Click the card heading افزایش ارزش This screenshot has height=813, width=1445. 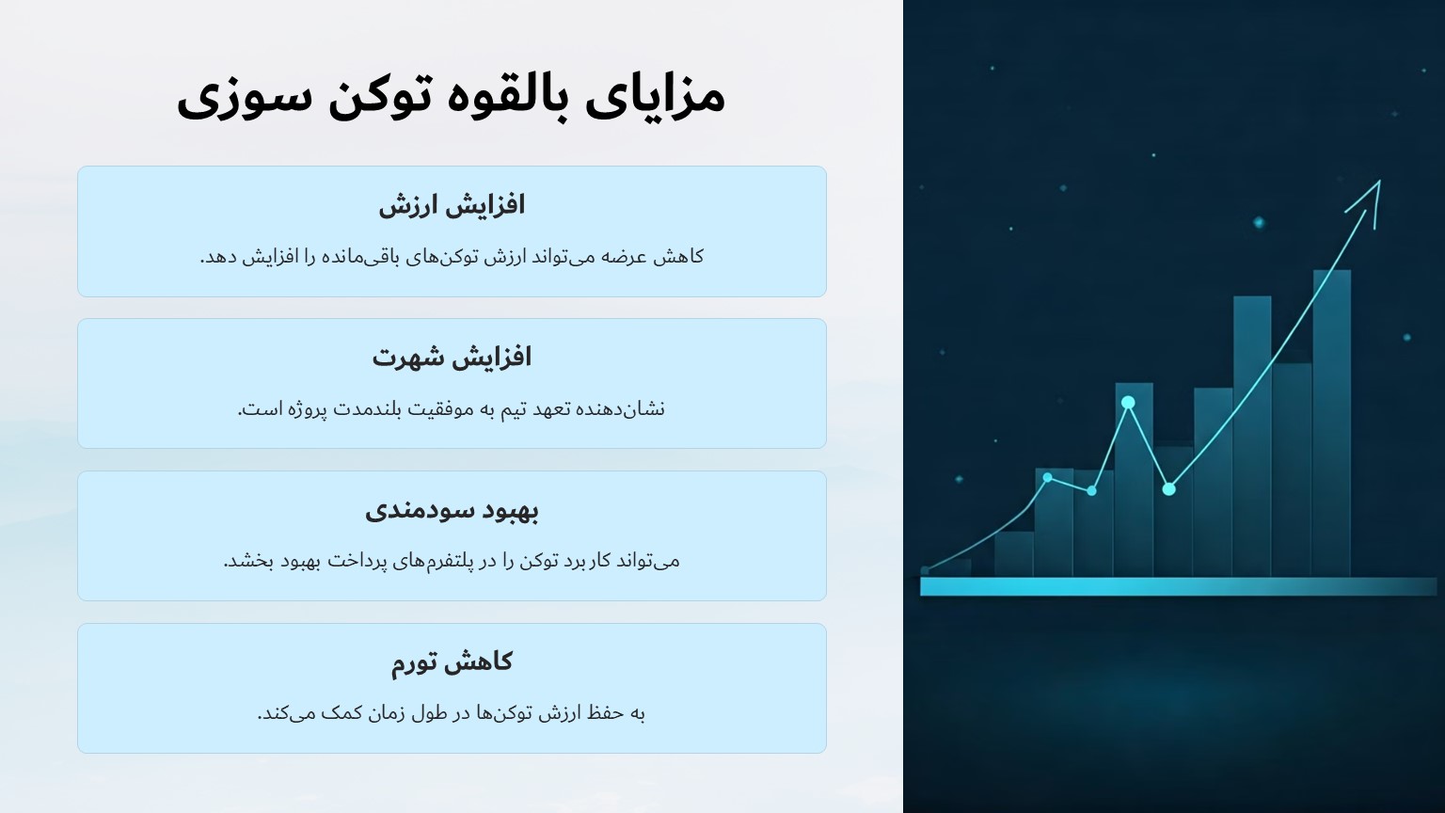452,205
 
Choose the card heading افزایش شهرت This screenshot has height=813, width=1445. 452,358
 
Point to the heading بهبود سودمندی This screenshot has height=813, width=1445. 452,510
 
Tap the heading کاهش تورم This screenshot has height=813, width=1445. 452,662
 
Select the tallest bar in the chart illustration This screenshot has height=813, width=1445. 1331,423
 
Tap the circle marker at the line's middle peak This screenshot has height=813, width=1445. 1128,403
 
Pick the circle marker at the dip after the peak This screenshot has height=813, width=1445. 1168,489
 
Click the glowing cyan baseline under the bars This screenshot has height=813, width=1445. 1176,587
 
